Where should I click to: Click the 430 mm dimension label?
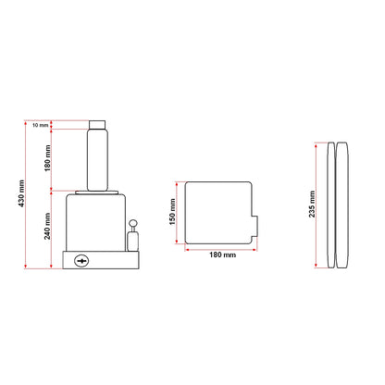pyautogui.click(x=21, y=193)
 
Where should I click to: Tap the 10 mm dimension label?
pyautogui.click(x=40, y=125)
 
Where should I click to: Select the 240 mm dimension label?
pyautogui.click(x=47, y=226)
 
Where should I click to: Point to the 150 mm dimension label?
pyautogui.click(x=172, y=212)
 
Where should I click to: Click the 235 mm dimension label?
pyautogui.click(x=312, y=204)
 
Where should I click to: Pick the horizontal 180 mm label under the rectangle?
pyautogui.click(x=222, y=255)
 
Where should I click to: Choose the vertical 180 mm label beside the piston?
pyautogui.click(x=47, y=158)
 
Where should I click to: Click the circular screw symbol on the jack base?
pyautogui.click(x=81, y=261)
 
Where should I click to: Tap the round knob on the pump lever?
pyautogui.click(x=133, y=223)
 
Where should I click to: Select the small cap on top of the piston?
pyautogui.click(x=97, y=125)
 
